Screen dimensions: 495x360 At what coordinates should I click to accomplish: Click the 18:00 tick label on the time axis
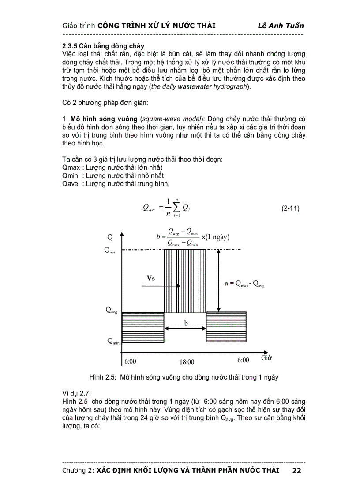[186, 362]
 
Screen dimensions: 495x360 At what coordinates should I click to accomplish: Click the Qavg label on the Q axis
[111, 310]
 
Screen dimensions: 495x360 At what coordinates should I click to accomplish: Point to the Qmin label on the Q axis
[112, 341]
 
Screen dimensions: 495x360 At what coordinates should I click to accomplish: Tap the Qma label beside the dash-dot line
[110, 250]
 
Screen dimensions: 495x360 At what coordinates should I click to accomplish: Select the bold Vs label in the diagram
[151, 278]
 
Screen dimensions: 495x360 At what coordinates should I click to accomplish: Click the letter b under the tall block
[186, 323]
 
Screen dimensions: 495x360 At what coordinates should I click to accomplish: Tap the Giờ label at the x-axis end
[266, 357]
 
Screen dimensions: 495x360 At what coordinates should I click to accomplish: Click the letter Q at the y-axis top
[110, 237]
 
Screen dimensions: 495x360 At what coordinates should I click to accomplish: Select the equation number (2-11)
[290, 208]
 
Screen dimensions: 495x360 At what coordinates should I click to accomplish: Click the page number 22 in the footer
[296, 471]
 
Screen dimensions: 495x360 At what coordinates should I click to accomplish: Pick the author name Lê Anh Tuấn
[281, 26]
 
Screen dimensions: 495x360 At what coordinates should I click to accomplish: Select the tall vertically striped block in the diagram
[185, 281]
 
